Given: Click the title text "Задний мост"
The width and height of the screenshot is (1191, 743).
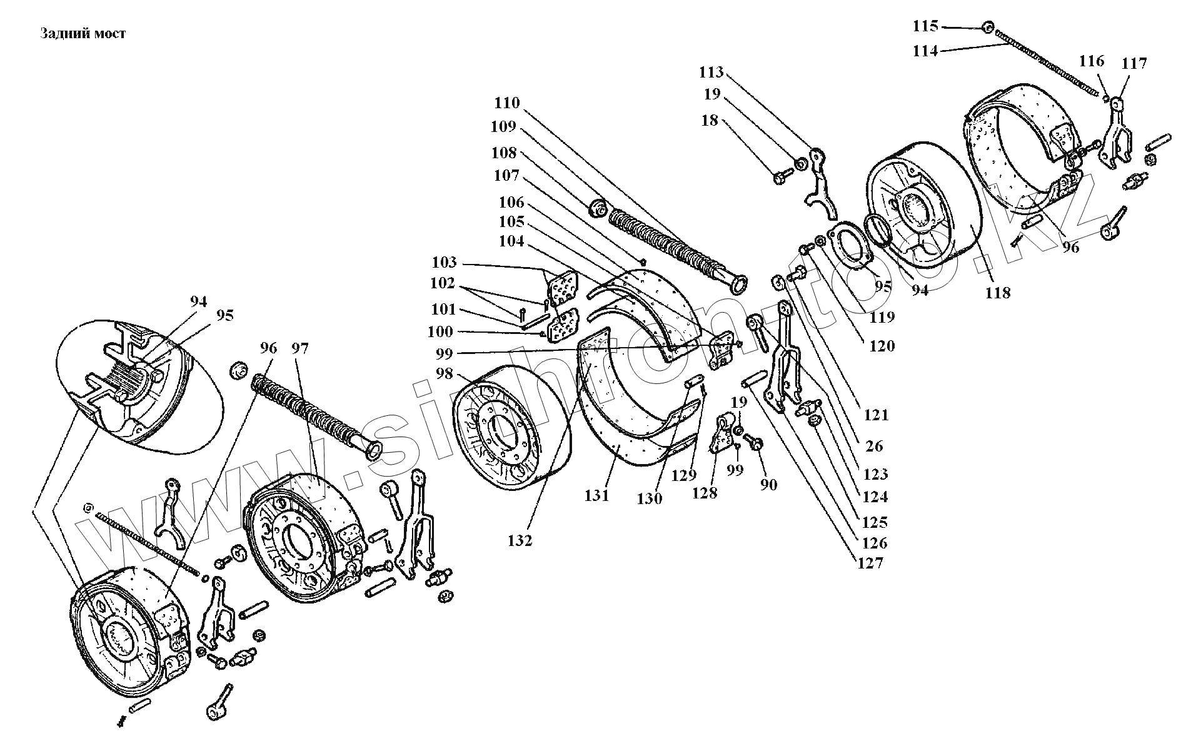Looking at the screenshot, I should pyautogui.click(x=83, y=34).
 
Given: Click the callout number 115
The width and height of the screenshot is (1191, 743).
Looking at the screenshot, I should pyautogui.click(x=925, y=26).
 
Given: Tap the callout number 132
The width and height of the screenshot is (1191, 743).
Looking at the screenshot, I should pyautogui.click(x=520, y=540).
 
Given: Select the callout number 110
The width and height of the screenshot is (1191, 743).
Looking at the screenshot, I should pyautogui.click(x=506, y=103).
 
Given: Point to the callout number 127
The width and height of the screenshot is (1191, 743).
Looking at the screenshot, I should pyautogui.click(x=870, y=563).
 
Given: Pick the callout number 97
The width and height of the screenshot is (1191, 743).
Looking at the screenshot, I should pyautogui.click(x=300, y=348).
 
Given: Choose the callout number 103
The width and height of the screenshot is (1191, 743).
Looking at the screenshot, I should pyautogui.click(x=444, y=262).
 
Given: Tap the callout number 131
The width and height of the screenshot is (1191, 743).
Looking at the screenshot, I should pyautogui.click(x=596, y=495).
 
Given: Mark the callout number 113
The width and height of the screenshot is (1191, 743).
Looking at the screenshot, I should pyautogui.click(x=711, y=73).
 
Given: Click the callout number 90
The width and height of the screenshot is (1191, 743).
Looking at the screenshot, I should pyautogui.click(x=768, y=484).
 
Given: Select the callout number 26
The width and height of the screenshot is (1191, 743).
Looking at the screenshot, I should pyautogui.click(x=874, y=446).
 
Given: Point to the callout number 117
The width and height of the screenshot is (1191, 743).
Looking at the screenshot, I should pyautogui.click(x=1134, y=63).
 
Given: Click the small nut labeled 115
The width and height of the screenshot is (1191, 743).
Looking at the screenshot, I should pyautogui.click(x=987, y=27).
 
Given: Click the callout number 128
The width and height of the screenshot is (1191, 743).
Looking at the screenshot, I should pyautogui.click(x=705, y=493).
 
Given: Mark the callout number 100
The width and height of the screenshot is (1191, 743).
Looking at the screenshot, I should pyautogui.click(x=440, y=331).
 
